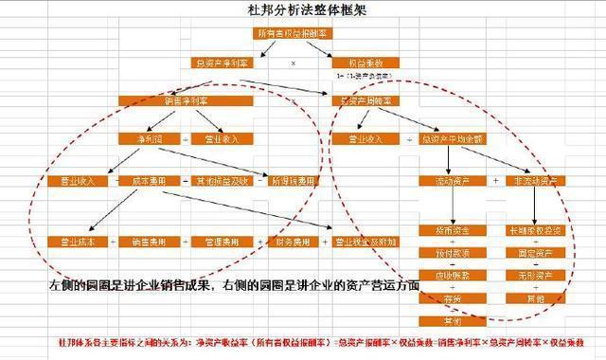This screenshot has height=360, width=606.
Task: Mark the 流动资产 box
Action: (x=449, y=180)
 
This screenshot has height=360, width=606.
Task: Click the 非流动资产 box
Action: (x=536, y=180)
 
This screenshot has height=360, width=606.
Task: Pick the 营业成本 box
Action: (x=78, y=242)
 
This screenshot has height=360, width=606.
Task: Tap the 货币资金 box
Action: (x=449, y=229)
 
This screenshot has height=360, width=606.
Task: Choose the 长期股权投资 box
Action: (x=536, y=229)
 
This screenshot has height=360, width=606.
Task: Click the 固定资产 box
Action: (x=536, y=254)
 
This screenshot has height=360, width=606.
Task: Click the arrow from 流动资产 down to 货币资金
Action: (x=449, y=205)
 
